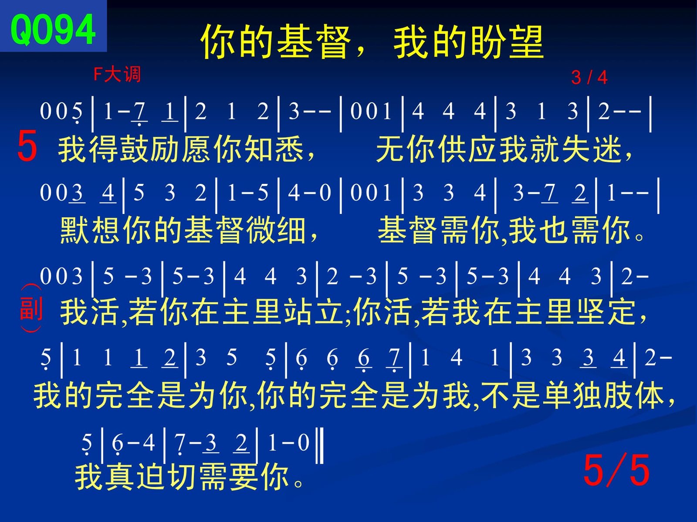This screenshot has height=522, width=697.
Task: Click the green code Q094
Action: coord(53,30)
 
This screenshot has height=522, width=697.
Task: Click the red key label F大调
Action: coord(117,75)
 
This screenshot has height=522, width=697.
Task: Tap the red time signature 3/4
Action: coord(589,78)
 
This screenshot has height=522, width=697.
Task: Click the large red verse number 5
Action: coord(27,146)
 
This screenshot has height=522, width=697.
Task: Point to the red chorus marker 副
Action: coord(31,308)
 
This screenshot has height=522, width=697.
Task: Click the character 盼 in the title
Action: coord(487,42)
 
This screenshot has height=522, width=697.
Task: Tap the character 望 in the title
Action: coord(525,42)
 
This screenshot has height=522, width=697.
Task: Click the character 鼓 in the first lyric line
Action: coord(135,149)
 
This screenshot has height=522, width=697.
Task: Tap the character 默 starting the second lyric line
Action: coord(74,230)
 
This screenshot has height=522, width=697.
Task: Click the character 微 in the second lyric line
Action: coord(261,230)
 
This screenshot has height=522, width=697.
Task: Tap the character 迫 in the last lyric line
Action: coord(151,477)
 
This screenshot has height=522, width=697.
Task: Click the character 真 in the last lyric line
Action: coord(120,477)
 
